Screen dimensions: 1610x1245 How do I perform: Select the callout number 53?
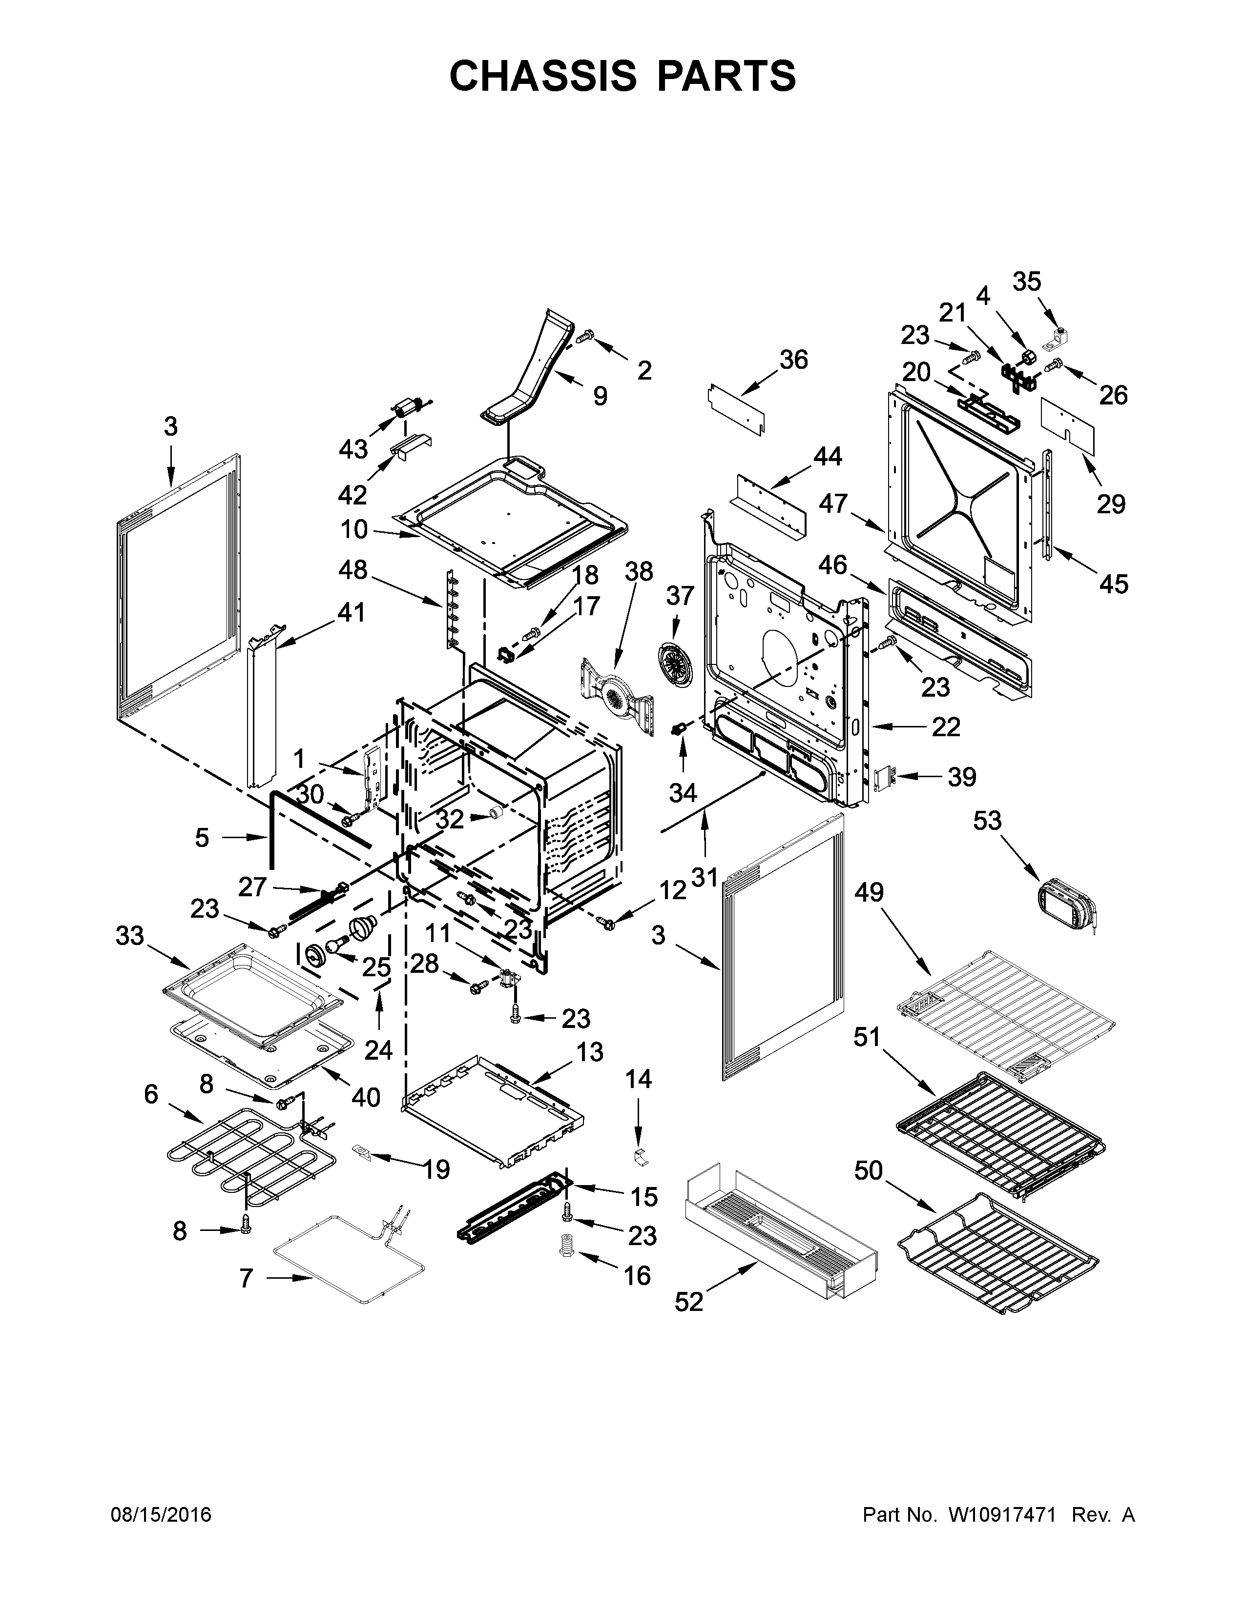pyautogui.click(x=987, y=820)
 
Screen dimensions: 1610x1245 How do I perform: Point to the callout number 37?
pyautogui.click(x=680, y=595)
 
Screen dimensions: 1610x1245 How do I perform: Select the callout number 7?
pyautogui.click(x=247, y=1278)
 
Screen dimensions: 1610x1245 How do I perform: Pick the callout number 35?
pyautogui.click(x=1026, y=282)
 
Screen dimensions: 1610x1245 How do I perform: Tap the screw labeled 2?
pyautogui.click(x=584, y=336)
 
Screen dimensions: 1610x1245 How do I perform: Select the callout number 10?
pyautogui.click(x=354, y=528)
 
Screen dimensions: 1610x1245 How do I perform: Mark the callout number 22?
pyautogui.click(x=946, y=727)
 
